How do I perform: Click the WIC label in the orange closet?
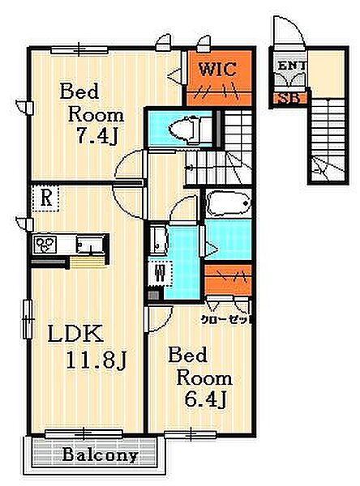217,69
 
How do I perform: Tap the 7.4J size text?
96,136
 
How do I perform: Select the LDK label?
75,334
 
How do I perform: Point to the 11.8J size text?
96,360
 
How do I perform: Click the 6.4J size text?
205,399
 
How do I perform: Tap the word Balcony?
101,454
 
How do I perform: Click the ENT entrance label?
292,66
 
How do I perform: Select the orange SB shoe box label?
289,99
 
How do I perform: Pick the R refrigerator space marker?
46,198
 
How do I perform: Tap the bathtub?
229,203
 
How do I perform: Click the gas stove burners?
45,244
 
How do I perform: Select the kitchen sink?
90,245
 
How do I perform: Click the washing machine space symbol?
160,274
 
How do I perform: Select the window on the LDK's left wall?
28,319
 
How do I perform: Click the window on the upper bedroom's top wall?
79,49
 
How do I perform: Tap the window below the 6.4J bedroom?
190,434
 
